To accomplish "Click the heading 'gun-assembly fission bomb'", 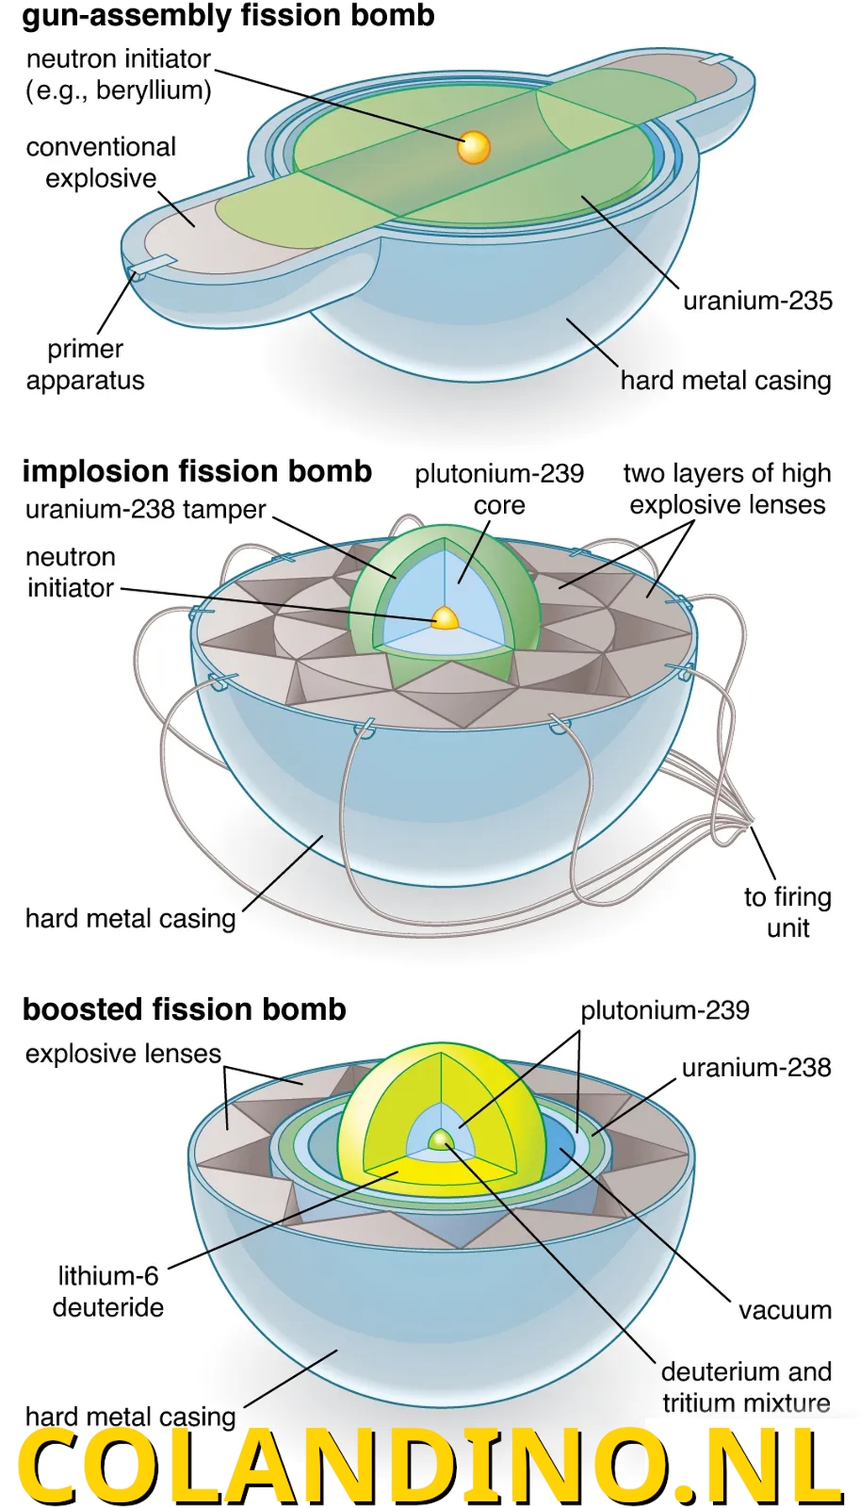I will pos(228,16).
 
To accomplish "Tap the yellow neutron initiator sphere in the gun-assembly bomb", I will pos(474,147).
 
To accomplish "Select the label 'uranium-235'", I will pos(757,301).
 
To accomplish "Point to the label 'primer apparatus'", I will pos(85,365).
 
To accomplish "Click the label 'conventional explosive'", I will pos(101,162).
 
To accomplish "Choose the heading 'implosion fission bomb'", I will pos(197,471).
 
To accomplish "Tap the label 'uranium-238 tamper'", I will pos(145,509).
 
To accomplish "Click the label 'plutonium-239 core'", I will pos(499,489).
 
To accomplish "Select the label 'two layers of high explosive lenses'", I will pos(726,489).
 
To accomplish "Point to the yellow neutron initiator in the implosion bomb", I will pos(444,618).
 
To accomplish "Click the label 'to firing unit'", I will pos(787,912).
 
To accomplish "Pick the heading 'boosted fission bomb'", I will pos(184,1009).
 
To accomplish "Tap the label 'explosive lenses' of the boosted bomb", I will pos(123,1053).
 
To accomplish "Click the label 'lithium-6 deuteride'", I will pos(107,1291).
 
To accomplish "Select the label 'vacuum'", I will pos(784,1310).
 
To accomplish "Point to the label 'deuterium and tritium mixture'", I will pos(746,1387).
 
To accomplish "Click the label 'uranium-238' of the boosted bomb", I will pos(756,1067).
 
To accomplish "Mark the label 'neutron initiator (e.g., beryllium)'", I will pos(118,74).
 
